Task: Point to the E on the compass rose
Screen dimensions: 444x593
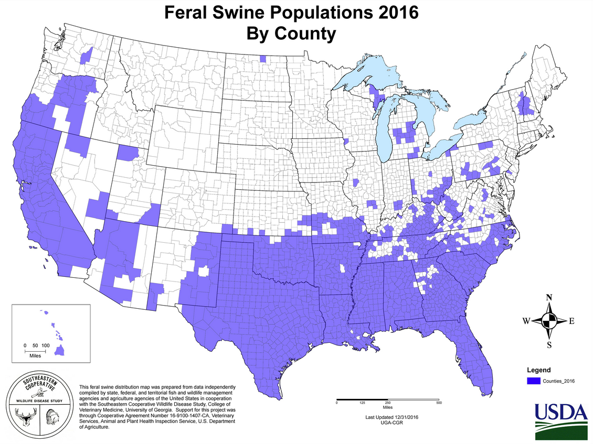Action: point(572,321)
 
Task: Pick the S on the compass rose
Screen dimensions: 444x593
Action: point(549,344)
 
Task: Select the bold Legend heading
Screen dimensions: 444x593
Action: point(539,370)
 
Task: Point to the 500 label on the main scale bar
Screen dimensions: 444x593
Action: point(439,402)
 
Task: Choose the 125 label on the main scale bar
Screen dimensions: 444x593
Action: point(362,402)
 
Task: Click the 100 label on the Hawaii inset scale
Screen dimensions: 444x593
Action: point(46,345)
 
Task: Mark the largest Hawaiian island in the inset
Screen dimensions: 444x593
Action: point(59,350)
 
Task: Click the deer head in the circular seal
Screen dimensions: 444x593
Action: point(25,418)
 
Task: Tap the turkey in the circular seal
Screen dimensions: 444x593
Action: point(51,418)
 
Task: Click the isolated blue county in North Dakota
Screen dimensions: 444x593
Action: point(262,59)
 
